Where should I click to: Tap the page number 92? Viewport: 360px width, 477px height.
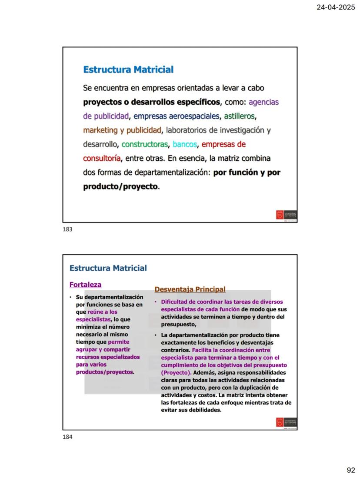[350, 470]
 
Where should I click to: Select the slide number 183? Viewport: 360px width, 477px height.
[67, 229]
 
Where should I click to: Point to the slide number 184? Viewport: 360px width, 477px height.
[67, 437]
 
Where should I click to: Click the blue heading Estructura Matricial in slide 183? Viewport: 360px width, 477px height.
[128, 70]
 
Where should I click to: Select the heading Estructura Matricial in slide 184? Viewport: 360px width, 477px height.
[108, 268]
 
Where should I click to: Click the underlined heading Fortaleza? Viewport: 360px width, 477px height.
[85, 285]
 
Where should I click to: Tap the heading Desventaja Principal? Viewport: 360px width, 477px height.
[190, 289]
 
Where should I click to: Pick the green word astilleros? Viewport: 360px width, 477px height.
[240, 116]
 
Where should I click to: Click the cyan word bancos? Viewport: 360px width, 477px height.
[185, 144]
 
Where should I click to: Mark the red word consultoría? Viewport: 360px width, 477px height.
[102, 158]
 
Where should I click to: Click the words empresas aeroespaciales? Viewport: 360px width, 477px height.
[177, 116]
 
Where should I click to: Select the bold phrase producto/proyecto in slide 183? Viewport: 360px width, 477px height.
[120, 186]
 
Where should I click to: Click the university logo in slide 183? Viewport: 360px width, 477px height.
[286, 215]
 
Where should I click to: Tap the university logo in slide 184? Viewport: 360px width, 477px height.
[286, 422]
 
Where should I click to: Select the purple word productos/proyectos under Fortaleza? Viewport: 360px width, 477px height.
[104, 372]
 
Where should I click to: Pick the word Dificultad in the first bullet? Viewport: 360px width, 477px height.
[174, 301]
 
